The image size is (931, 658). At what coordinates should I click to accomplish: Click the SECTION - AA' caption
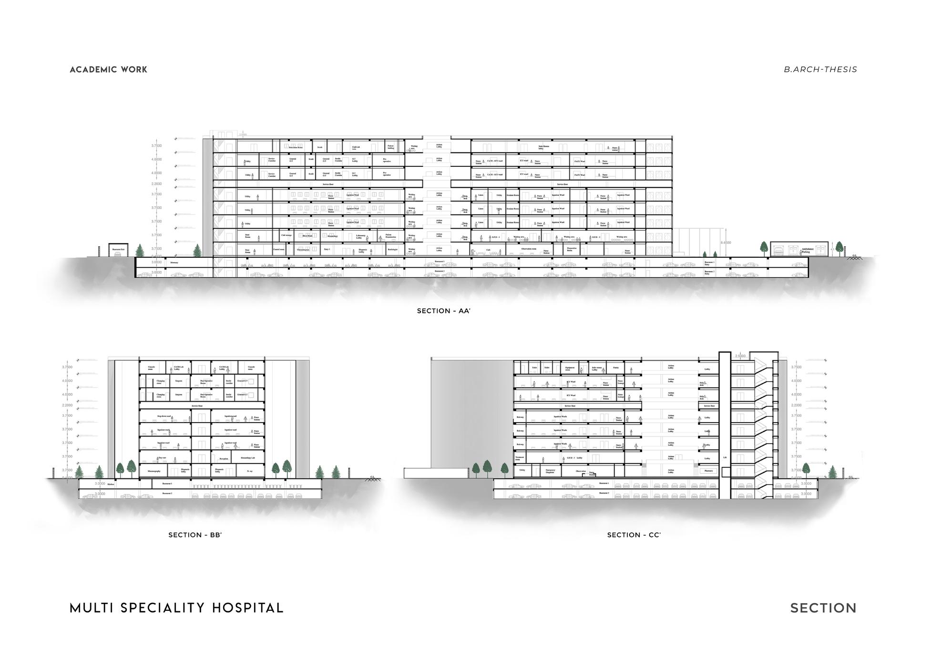pyautogui.click(x=443, y=311)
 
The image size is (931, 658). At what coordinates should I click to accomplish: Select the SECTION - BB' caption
pyautogui.click(x=195, y=535)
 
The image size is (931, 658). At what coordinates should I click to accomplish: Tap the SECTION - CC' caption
pyautogui.click(x=634, y=535)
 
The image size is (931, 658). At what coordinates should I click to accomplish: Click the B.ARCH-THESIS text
pyautogui.click(x=820, y=70)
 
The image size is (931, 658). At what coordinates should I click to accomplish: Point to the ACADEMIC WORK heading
pyautogui.click(x=109, y=70)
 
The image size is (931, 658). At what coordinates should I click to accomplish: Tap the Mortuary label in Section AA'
pyautogui.click(x=174, y=263)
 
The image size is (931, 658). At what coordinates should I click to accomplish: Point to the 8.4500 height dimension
pyautogui.click(x=725, y=243)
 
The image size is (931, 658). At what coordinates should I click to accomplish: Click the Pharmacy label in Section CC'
pyautogui.click(x=708, y=471)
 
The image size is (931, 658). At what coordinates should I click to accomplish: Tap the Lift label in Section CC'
pyautogui.click(x=725, y=457)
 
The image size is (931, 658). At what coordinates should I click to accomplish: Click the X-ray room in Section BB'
pyautogui.click(x=250, y=471)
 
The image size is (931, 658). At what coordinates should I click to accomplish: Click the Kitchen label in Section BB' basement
pyautogui.click(x=111, y=484)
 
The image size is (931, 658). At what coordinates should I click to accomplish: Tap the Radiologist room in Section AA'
pyautogui.click(x=392, y=250)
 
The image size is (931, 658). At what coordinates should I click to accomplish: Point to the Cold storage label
pyautogui.click(x=286, y=235)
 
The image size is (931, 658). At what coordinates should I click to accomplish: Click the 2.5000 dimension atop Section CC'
pyautogui.click(x=740, y=356)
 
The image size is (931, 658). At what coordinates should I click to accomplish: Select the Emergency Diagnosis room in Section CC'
pyautogui.click(x=550, y=471)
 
